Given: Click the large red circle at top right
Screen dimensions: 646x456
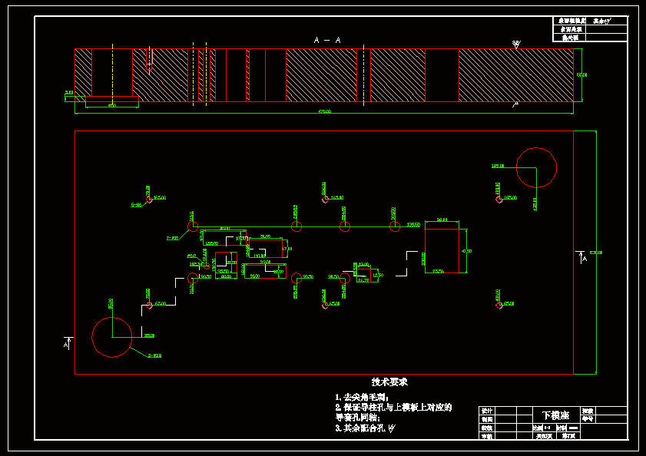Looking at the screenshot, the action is [536, 167].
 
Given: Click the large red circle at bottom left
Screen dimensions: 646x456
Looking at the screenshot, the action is [112, 336].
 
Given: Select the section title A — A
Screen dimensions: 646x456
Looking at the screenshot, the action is [327, 40].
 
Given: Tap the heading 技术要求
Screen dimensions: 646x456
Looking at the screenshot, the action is [389, 382].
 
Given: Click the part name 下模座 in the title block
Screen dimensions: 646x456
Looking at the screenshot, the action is [556, 415].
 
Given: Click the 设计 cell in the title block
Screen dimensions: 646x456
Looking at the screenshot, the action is [486, 411].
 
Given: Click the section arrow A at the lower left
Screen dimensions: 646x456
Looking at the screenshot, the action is [66, 343].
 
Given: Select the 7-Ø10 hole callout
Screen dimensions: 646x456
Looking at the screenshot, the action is [172, 238].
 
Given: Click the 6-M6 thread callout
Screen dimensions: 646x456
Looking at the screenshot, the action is [136, 205].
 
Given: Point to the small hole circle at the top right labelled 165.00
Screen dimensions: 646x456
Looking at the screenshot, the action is [499, 200].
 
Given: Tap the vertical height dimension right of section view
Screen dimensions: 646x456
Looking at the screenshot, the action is [581, 74].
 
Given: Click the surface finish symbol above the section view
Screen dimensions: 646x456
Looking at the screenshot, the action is [515, 44].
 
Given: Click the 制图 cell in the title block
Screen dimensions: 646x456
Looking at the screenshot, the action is [486, 419].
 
